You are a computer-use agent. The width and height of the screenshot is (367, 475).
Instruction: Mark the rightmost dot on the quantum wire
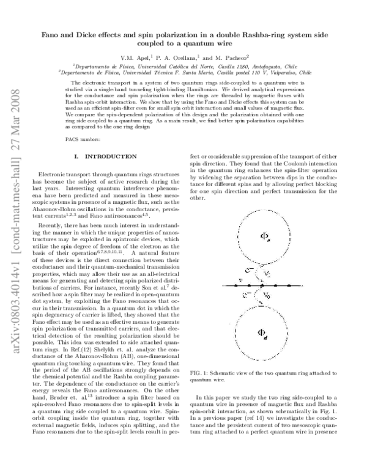click(x=304, y=285)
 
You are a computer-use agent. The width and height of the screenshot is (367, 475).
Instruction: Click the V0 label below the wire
click(x=264, y=295)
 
